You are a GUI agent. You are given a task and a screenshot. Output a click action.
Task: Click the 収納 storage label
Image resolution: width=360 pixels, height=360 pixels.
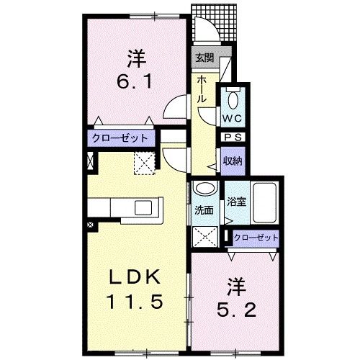coord(231,160)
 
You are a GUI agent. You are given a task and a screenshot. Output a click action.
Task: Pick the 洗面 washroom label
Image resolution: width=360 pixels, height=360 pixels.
coord(204,210)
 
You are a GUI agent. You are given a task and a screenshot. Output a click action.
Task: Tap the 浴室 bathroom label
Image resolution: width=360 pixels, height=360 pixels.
coord(236,202)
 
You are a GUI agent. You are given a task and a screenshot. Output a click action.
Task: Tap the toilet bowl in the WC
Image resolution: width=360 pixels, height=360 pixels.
coord(233,99)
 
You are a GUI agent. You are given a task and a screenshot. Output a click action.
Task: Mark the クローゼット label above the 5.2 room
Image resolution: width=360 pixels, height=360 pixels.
coord(256,238)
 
